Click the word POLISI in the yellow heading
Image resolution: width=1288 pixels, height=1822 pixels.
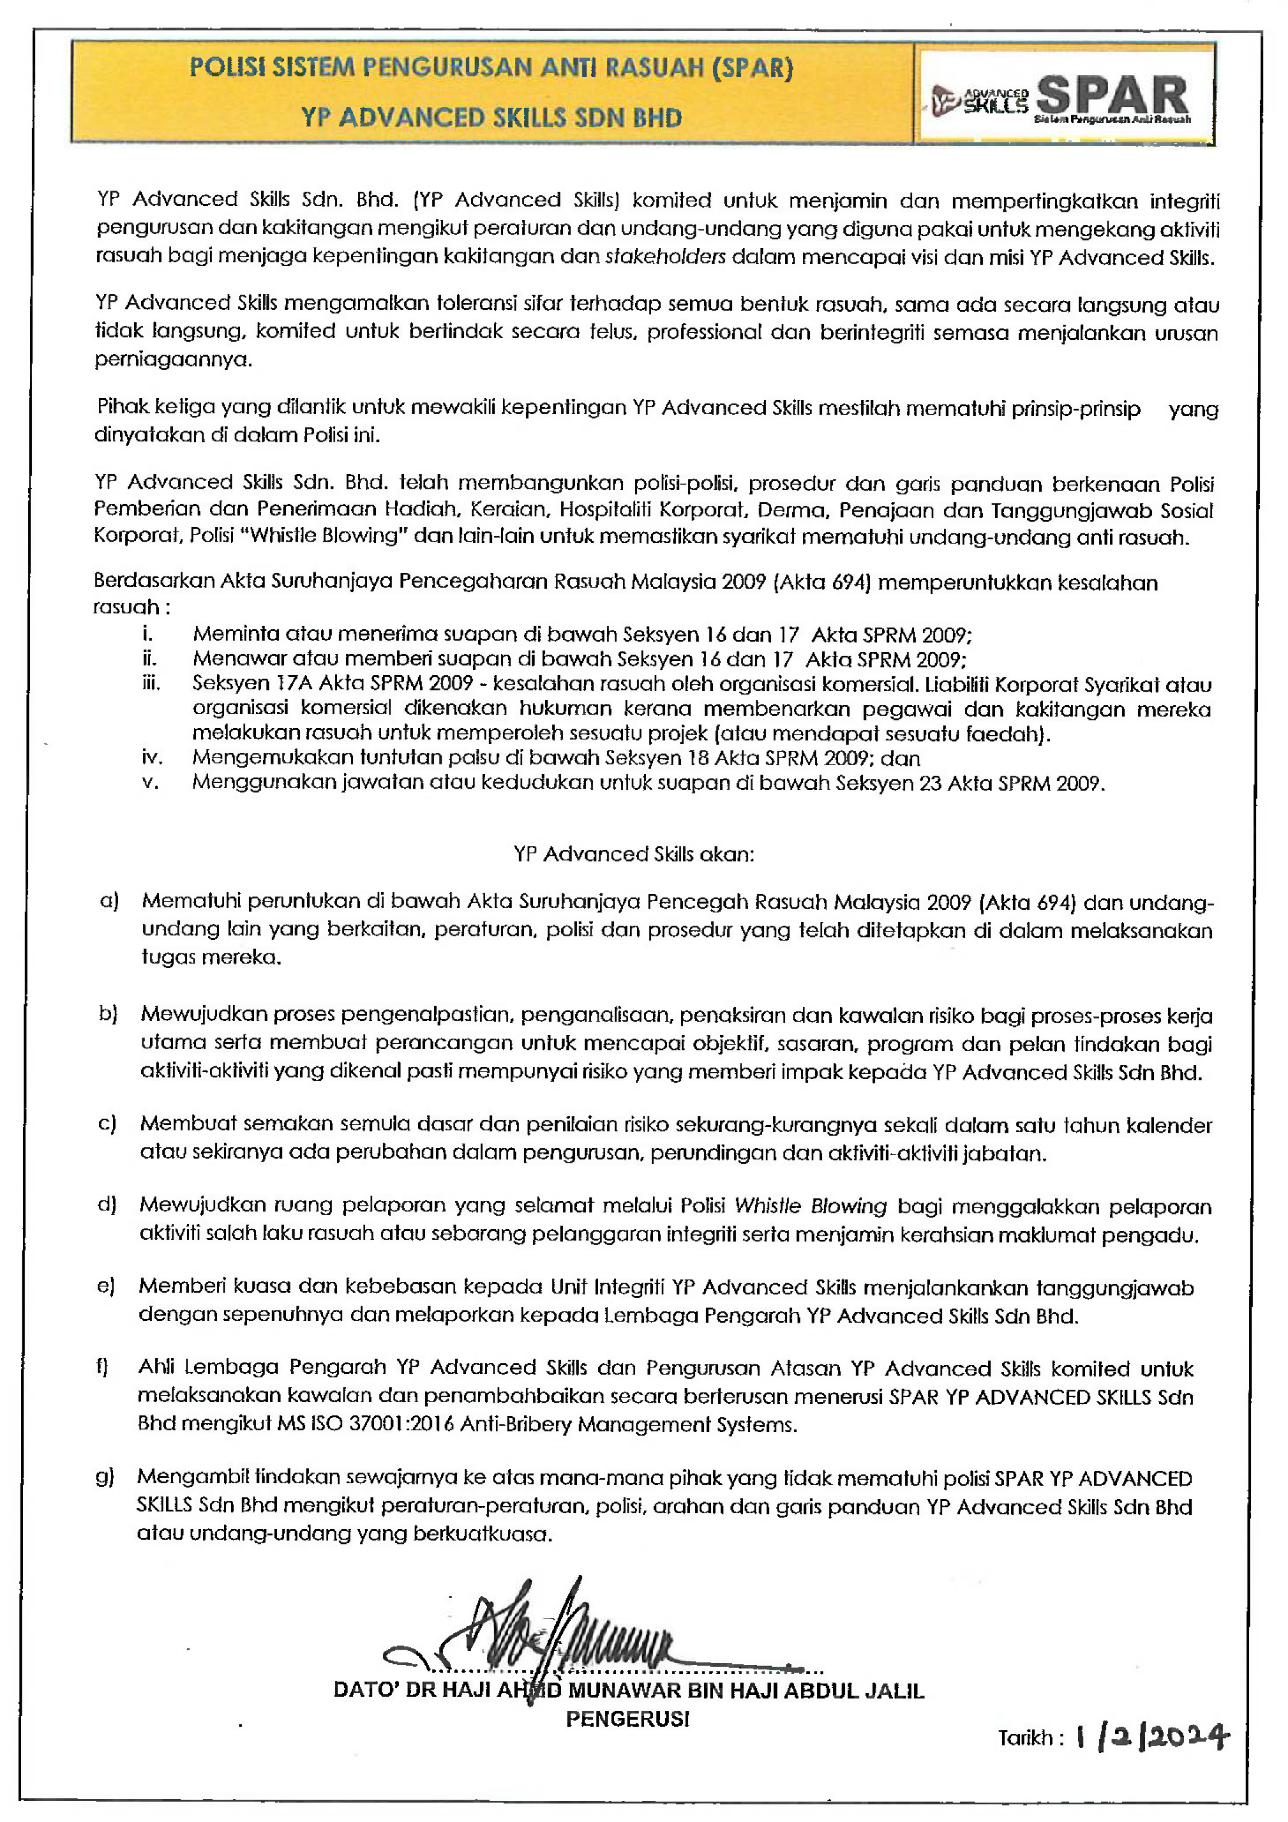228,68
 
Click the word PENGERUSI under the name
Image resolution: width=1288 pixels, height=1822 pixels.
627,1719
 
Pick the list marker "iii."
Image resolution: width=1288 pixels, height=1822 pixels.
151,683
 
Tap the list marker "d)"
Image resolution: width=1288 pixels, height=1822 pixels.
106,1204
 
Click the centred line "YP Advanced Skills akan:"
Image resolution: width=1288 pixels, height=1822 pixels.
633,854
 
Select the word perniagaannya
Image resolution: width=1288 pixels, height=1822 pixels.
173,359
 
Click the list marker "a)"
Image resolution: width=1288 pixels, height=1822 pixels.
109,900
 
